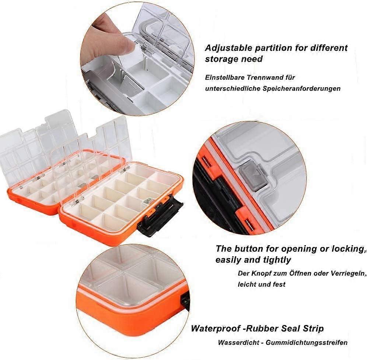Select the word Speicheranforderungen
point(301,89)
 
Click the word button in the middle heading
point(249,248)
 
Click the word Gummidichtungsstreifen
point(306,343)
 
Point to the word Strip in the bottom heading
point(314,328)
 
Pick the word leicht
point(247,284)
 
